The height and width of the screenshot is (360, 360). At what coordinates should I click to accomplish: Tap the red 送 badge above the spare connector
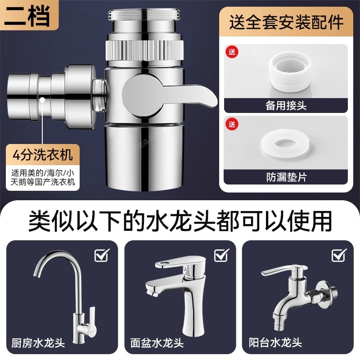tap(232, 52)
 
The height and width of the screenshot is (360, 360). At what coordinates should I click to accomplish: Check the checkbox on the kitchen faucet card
tap(102, 255)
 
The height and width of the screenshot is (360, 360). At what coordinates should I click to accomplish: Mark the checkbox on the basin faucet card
tap(221, 255)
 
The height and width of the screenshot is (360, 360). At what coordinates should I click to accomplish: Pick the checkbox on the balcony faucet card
tap(339, 255)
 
